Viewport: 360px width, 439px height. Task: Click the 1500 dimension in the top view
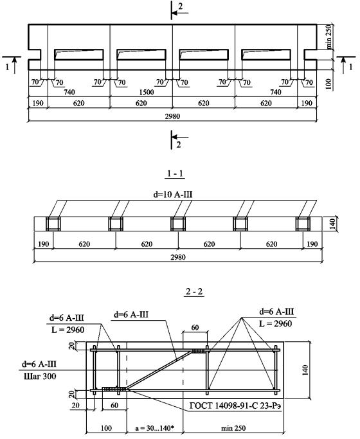147,92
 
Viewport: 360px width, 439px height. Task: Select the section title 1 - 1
175,174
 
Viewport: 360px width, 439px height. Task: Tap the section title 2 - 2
194,291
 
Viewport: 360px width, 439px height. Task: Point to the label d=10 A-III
173,194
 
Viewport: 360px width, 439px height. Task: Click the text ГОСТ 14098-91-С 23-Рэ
235,406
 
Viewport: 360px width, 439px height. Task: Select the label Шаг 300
40,376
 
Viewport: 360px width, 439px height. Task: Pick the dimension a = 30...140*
154,428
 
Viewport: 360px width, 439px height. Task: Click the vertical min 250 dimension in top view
329,37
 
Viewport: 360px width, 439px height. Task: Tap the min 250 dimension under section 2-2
233,428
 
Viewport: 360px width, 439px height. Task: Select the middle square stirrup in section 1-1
178,224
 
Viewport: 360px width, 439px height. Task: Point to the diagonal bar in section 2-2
159,370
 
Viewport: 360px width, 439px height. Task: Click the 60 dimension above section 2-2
195,327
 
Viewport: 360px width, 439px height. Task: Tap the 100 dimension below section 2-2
106,428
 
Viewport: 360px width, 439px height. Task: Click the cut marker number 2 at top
180,6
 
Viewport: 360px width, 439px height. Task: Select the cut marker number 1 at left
8,67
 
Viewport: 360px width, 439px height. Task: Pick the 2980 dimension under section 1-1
178,257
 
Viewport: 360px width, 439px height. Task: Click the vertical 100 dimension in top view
329,84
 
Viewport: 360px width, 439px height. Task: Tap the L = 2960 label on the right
275,324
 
